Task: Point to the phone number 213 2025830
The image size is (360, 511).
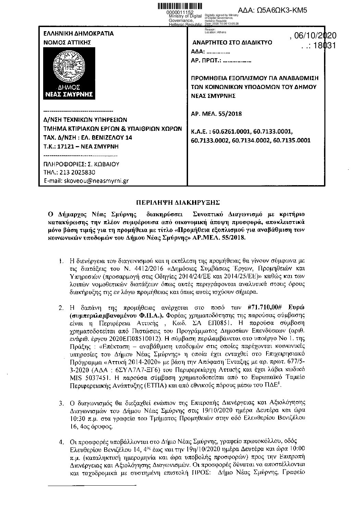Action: coord(77,173)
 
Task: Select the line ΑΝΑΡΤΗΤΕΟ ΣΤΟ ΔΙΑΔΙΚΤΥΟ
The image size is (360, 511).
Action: coord(233,42)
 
